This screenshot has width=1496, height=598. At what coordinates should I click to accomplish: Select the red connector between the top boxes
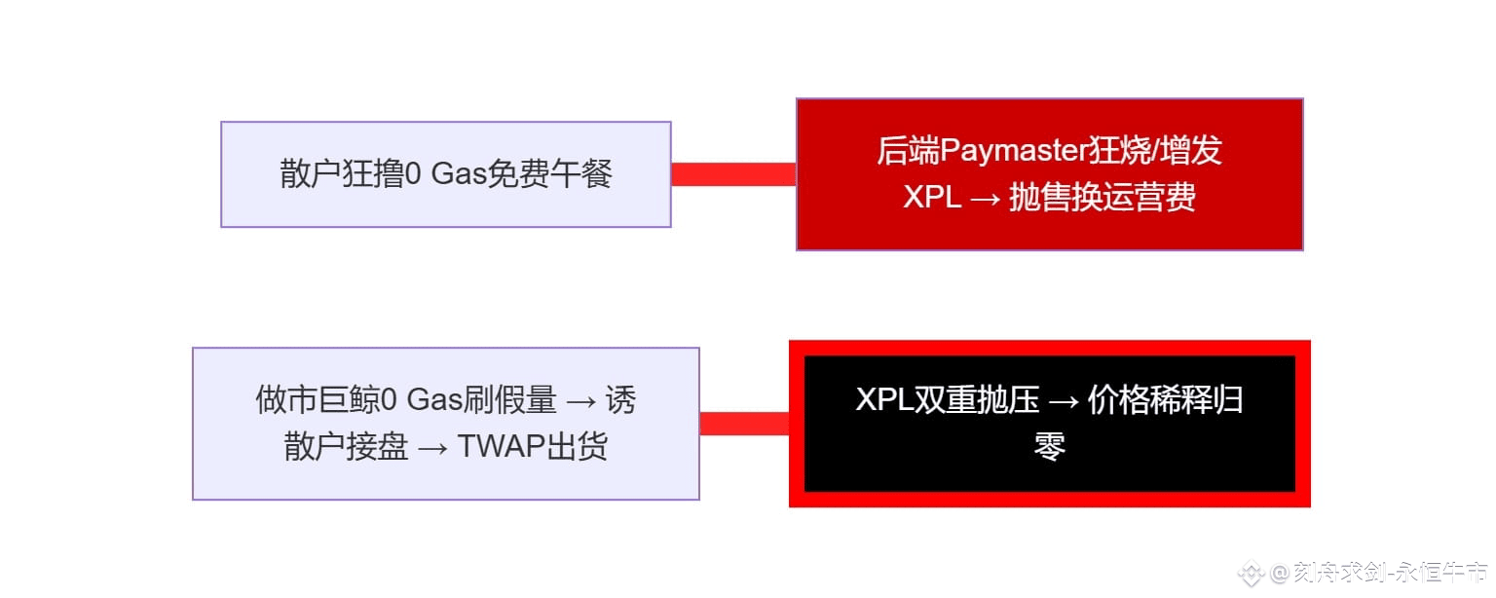(x=733, y=174)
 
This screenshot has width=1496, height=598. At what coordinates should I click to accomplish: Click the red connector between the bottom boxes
(x=744, y=424)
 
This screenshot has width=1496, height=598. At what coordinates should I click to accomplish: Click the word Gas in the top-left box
(x=459, y=175)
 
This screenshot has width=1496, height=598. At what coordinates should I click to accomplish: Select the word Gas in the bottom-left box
(x=433, y=399)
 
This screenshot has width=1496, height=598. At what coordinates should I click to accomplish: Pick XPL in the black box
(x=884, y=400)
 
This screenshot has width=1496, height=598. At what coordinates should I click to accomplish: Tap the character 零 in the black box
(x=1049, y=447)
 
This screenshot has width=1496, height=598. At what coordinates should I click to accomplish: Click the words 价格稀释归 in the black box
(x=1165, y=400)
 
